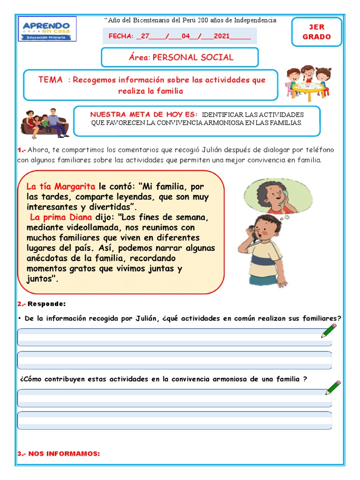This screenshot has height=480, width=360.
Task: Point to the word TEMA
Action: point(51,80)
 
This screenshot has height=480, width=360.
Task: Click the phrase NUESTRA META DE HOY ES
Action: point(143,114)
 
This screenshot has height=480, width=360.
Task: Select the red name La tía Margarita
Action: point(61,187)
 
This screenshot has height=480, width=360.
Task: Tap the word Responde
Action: point(47,304)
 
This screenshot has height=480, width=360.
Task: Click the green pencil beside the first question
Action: point(329,330)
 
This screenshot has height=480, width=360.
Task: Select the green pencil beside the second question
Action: point(333,388)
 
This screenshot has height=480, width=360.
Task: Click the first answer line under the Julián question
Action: point(174,337)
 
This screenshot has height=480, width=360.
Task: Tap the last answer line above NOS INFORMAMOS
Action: point(174,420)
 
